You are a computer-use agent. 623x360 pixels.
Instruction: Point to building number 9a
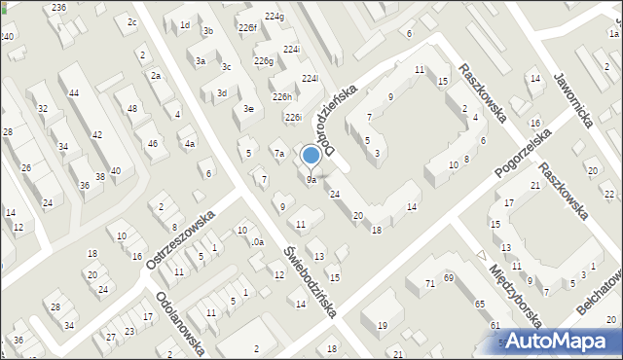(311, 180)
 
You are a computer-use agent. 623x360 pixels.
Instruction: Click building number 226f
(247, 28)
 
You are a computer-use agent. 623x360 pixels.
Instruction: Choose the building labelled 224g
(275, 17)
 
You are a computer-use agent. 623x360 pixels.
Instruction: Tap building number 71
(429, 283)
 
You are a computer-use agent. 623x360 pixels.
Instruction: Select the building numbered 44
(74, 92)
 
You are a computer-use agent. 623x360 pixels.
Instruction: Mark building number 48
(132, 108)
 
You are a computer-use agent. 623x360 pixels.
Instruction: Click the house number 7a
(278, 154)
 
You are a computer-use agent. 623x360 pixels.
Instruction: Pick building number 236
(59, 7)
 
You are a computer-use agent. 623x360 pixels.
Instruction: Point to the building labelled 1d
(185, 25)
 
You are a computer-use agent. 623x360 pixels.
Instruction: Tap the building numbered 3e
(249, 109)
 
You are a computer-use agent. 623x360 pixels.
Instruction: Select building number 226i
(293, 118)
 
